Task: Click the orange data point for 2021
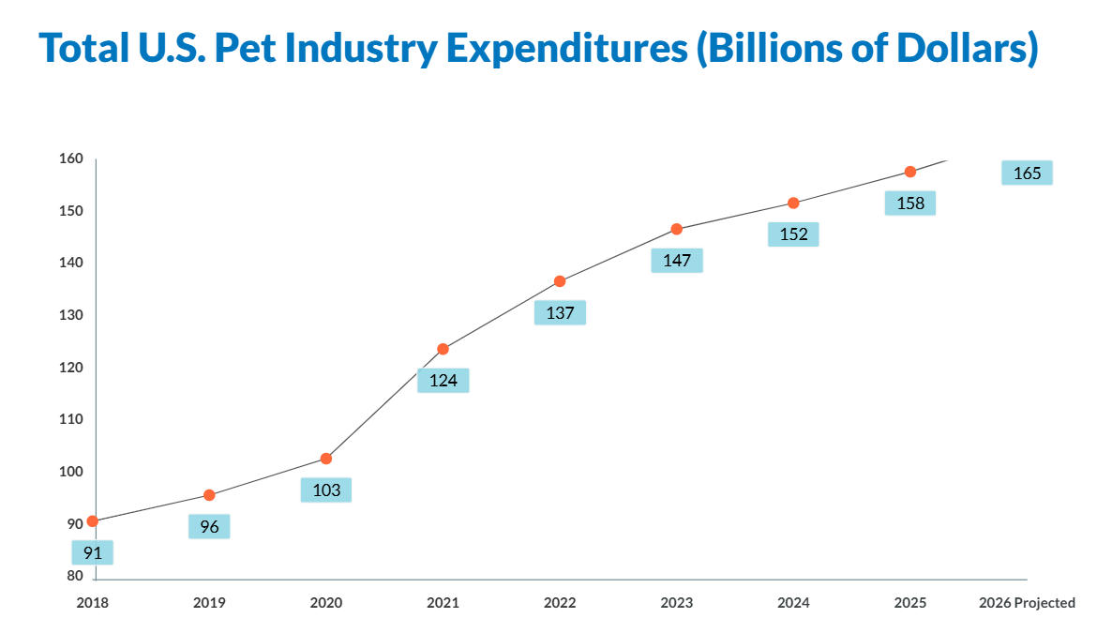point(443,349)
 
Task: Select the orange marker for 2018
point(92,521)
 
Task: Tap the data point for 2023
point(677,229)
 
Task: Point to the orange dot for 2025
point(910,172)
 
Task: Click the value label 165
point(1027,173)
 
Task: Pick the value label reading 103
point(326,490)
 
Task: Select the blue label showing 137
point(560,312)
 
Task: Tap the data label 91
point(92,552)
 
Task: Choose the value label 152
point(793,234)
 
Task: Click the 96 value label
point(209,526)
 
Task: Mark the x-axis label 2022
point(560,603)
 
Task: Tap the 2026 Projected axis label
point(1027,603)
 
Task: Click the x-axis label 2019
point(209,603)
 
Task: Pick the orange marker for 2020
point(326,459)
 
